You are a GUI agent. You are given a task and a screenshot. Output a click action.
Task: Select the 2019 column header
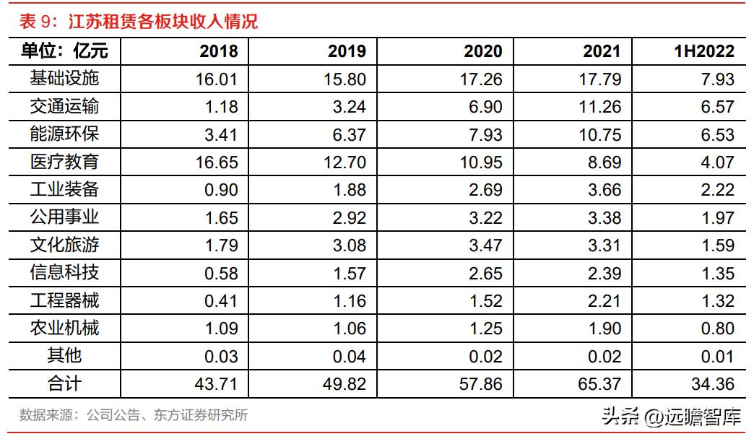click(x=347, y=51)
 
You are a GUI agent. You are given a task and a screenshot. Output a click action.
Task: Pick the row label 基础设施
click(x=64, y=78)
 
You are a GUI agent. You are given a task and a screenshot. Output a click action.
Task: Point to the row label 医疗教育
click(x=64, y=162)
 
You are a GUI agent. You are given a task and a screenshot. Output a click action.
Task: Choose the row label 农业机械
click(x=64, y=329)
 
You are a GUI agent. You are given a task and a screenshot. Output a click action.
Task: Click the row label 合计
click(x=64, y=383)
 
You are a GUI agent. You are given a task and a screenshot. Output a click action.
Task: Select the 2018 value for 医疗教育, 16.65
click(x=217, y=162)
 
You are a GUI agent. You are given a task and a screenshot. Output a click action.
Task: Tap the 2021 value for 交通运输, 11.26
click(x=599, y=107)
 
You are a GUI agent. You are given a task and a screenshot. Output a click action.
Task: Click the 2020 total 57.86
click(x=482, y=384)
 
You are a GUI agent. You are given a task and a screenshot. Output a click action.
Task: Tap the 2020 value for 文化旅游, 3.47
click(x=485, y=245)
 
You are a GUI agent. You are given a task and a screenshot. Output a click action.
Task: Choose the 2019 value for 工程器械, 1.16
click(x=352, y=301)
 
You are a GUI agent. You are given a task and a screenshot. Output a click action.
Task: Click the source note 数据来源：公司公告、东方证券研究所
click(x=134, y=415)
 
